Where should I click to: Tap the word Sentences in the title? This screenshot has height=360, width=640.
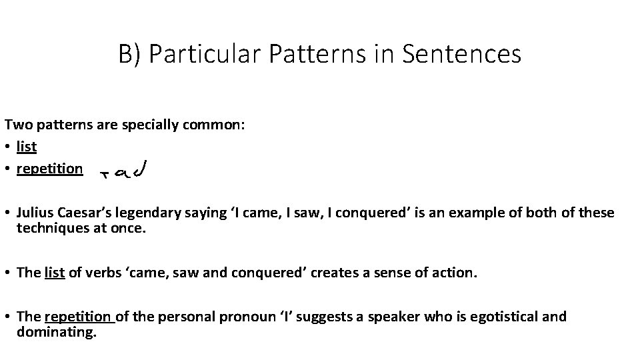coord(463,54)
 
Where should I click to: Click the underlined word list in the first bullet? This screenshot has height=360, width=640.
coord(27,147)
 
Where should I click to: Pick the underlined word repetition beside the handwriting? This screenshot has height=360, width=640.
coord(49,169)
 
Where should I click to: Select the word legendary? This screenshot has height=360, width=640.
coord(145,213)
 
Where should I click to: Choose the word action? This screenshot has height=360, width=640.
coord(456,273)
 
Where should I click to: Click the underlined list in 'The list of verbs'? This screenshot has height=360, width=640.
coord(54,273)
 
